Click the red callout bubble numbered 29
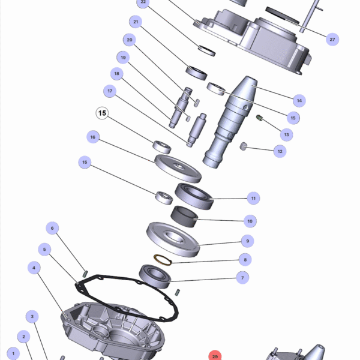(x=215, y=356)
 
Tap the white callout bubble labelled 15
(x=101, y=113)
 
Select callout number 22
(x=142, y=2)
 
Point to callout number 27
(x=332, y=39)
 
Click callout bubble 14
(x=298, y=100)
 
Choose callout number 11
(x=253, y=198)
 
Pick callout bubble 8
(x=244, y=260)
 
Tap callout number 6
(x=52, y=228)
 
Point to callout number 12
(x=279, y=152)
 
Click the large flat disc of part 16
(x=177, y=169)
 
